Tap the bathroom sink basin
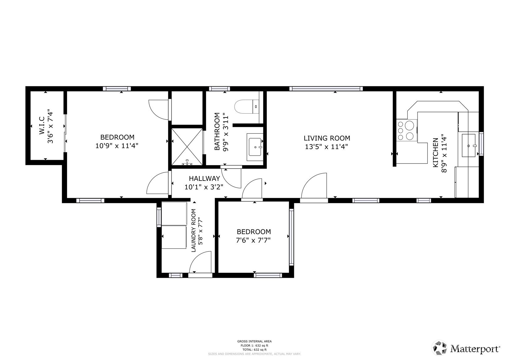pyautogui.click(x=255, y=147)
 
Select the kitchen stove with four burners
pyautogui.click(x=407, y=130)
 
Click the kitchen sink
pyautogui.click(x=468, y=145)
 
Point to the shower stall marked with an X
pyautogui.click(x=187, y=147)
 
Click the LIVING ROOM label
pyautogui.click(x=327, y=138)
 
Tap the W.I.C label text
pyautogui.click(x=42, y=126)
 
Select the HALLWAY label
pyautogui.click(x=204, y=178)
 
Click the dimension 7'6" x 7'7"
pyautogui.click(x=253, y=240)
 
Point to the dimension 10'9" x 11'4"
pyautogui.click(x=117, y=146)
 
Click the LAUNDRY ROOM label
pyautogui.click(x=193, y=231)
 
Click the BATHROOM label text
pyautogui.click(x=217, y=131)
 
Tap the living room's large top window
pyautogui.click(x=326, y=89)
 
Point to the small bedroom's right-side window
pyautogui.click(x=291, y=237)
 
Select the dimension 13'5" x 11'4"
pyautogui.click(x=326, y=147)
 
